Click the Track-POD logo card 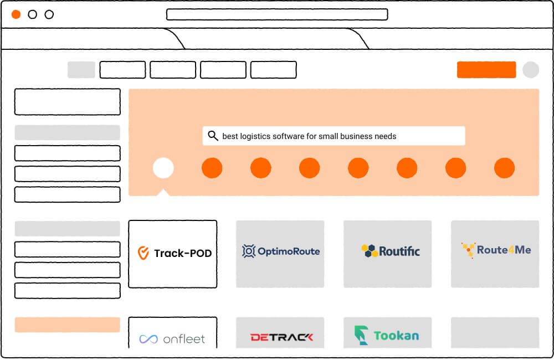click(172, 254)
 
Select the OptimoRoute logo click(280, 251)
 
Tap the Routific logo click(390, 251)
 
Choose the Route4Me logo click(496, 250)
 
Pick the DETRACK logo click(281, 336)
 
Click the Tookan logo click(387, 335)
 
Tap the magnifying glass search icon click(213, 136)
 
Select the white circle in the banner click(163, 168)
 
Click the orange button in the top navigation click(486, 70)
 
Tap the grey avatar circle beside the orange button click(531, 70)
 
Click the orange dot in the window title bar click(16, 14)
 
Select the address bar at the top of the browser click(277, 14)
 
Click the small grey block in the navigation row click(81, 70)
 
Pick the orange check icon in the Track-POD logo click(143, 254)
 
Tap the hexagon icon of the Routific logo click(369, 251)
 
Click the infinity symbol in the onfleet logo click(148, 339)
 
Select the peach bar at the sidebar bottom click(67, 325)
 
